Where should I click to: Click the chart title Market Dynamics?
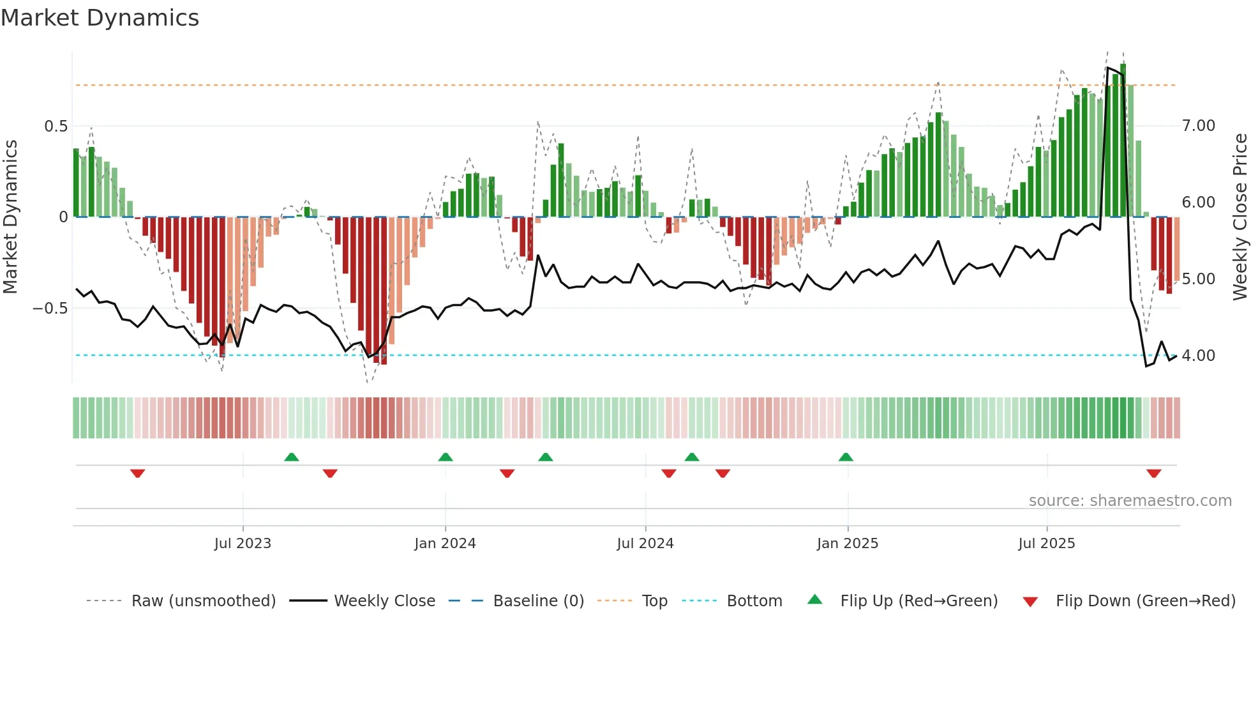coord(100,18)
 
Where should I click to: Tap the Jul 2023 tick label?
coord(243,544)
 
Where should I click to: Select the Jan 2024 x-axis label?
coord(445,544)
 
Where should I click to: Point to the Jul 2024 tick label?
coord(645,544)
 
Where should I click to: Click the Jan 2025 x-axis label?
coord(848,544)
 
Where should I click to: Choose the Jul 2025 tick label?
coord(1047,544)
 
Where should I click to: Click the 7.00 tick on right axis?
coord(1199,126)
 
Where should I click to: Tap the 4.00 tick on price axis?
coord(1199,356)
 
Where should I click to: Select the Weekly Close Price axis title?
coord(1240,217)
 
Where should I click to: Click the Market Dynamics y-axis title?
coord(10,217)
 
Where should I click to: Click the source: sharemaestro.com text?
coord(1130,501)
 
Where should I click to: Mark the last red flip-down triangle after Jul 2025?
coord(1153,473)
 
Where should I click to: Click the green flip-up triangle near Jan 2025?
coord(846,457)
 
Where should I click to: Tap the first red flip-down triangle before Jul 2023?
coord(138,473)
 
